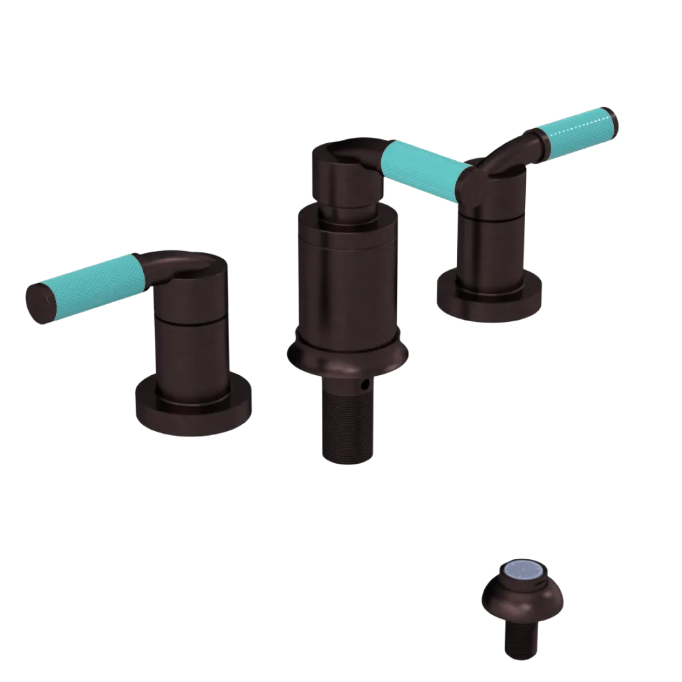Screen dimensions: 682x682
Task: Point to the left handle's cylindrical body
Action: tap(191, 341)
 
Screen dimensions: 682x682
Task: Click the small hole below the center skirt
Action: tap(366, 385)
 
